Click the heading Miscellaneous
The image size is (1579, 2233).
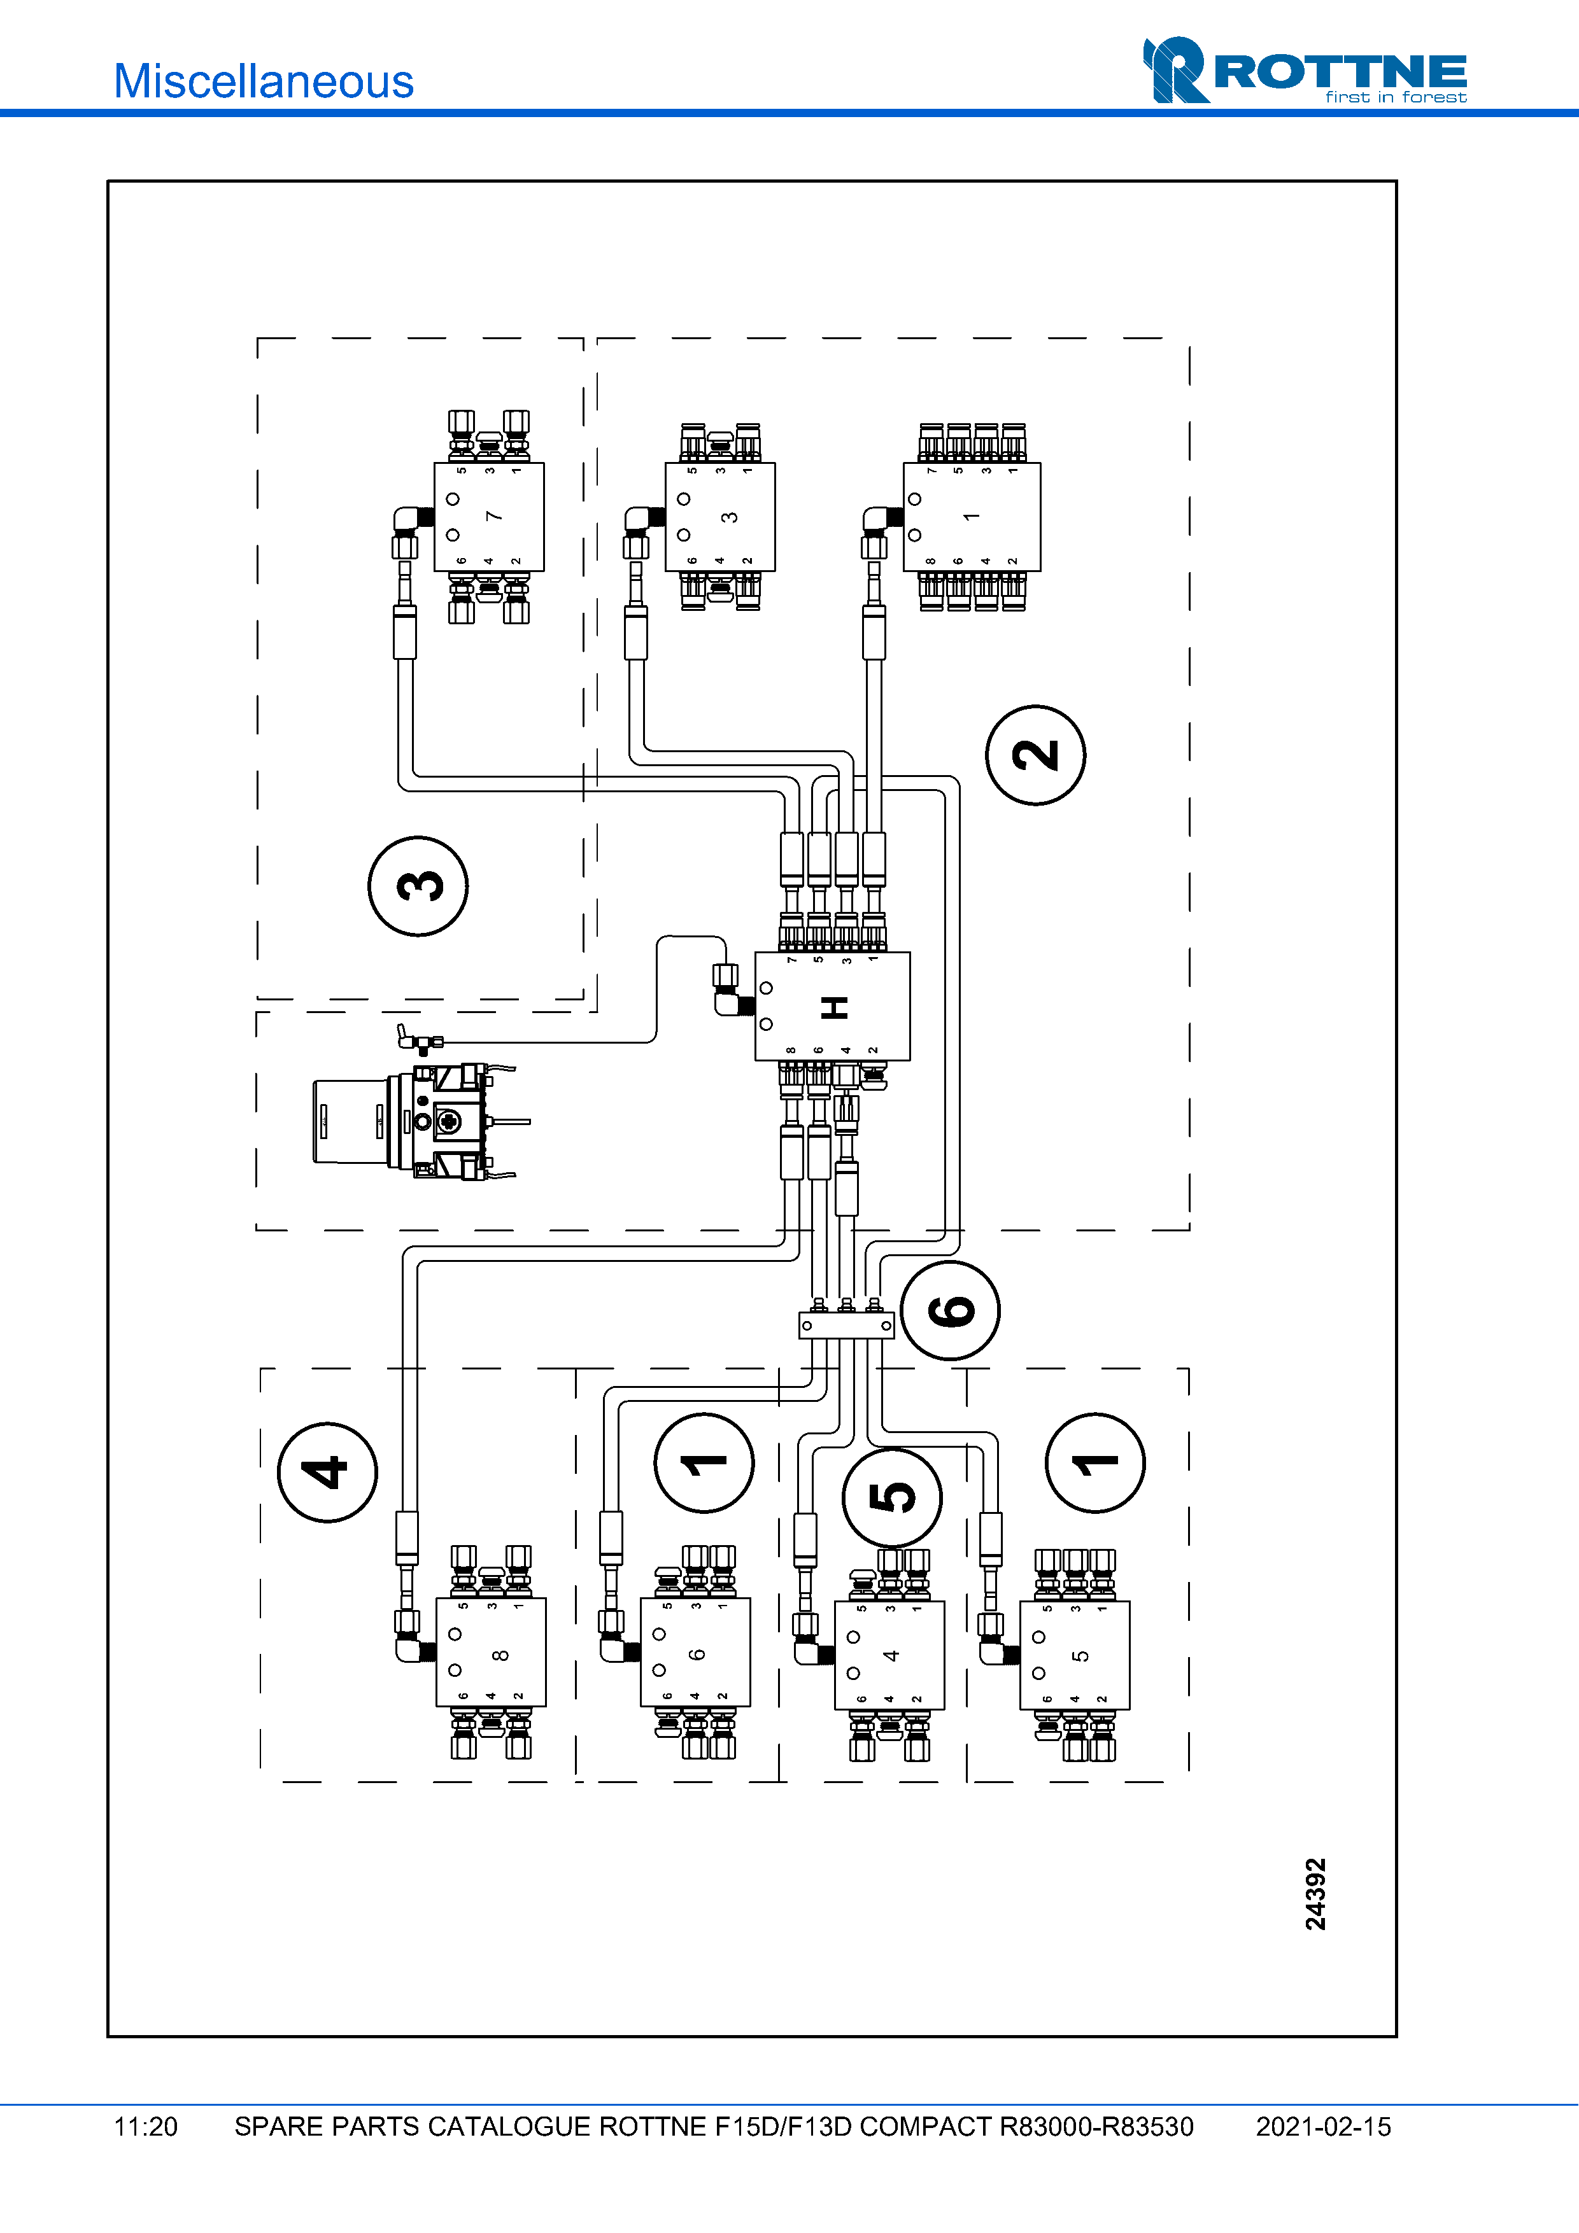coord(264,81)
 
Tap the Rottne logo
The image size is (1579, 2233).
coord(1305,70)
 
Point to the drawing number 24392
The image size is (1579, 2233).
coord(1315,1894)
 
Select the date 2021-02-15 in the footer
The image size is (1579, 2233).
coord(1323,2127)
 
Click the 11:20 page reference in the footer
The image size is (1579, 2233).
coord(146,2127)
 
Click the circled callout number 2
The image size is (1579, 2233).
coord(1035,755)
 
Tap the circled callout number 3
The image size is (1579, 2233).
coord(418,886)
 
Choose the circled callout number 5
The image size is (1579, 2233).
coord(892,1497)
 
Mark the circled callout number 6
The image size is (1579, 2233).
coord(951,1310)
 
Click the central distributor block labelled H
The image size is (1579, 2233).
coord(833,1005)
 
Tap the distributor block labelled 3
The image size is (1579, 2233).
coord(720,517)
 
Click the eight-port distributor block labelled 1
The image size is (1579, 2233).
coord(972,517)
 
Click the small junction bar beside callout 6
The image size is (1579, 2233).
coord(846,1325)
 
